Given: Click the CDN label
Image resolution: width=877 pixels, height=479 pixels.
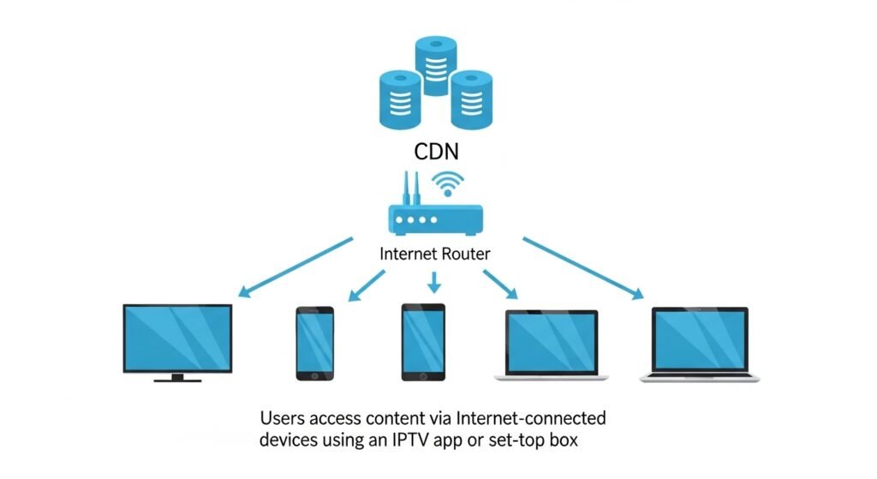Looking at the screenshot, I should pos(438,153).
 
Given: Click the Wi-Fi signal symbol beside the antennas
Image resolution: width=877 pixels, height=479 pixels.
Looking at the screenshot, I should pos(448,183).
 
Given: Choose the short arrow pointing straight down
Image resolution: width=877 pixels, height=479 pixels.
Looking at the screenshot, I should pos(434,282).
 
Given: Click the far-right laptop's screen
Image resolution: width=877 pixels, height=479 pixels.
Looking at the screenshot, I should pos(700,339).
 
